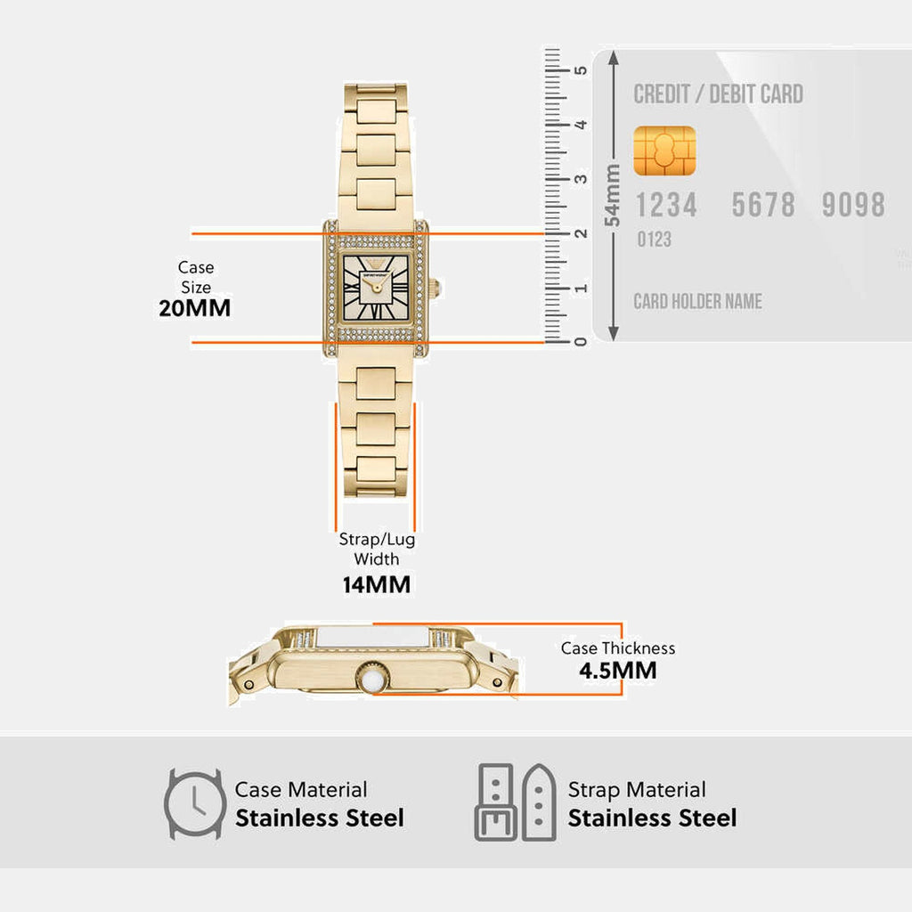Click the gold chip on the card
[664, 151]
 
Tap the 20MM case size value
[194, 308]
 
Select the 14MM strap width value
[377, 585]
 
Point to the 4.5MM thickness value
[617, 671]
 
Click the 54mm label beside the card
[613, 195]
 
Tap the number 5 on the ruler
[582, 70]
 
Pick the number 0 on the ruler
[582, 342]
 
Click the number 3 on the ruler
[582, 179]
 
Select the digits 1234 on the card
[665, 206]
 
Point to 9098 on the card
[852, 206]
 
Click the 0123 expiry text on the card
[654, 240]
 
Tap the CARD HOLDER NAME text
[697, 301]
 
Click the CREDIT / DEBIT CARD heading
[718, 94]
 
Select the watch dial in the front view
[375, 287]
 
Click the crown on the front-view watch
[435, 288]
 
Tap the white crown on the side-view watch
[372, 679]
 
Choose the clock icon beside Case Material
[194, 803]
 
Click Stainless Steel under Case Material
[319, 818]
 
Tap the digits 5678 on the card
[763, 206]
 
